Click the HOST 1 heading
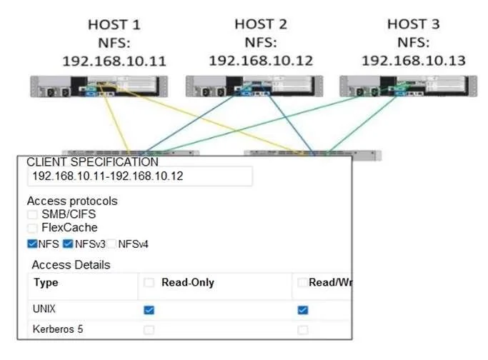114,25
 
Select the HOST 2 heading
261,24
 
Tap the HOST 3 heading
414,24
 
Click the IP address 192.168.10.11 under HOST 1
114,61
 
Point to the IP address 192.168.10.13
414,61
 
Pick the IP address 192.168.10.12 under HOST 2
261,61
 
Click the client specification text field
140,176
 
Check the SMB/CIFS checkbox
32,214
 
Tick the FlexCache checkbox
32,228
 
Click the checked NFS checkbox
32,244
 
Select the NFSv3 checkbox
68,244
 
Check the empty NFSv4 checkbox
111,244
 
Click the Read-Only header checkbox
149,282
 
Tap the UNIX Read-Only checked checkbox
149,310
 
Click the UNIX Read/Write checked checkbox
303,310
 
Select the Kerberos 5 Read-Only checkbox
149,330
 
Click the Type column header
46,283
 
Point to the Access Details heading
71,265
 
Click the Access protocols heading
72,201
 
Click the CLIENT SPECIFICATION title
92,162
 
